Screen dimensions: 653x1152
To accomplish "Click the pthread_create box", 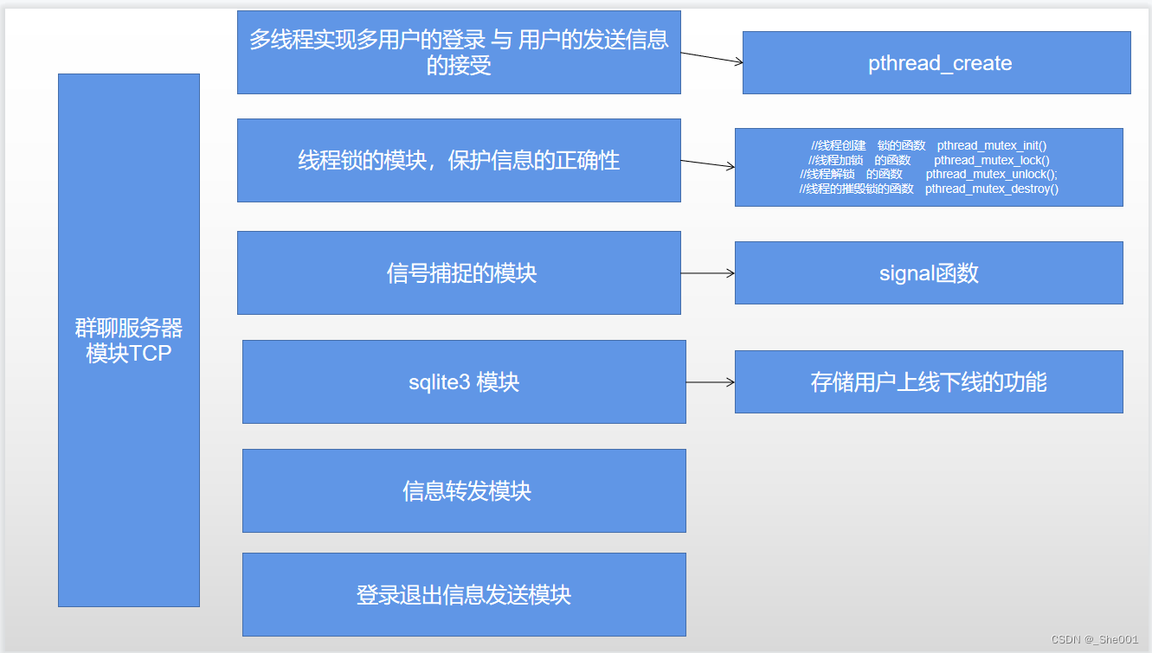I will [936, 63].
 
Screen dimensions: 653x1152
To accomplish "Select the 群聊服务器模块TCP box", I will [129, 340].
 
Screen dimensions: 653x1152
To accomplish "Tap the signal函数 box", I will [929, 273].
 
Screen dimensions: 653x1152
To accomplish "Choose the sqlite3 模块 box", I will [464, 382].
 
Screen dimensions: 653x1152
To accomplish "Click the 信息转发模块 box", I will [464, 490].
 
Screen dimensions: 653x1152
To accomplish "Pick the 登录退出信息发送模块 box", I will [464, 595].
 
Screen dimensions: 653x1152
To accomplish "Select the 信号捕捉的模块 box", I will [459, 273].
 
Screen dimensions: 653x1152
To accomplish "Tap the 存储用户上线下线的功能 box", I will [929, 382].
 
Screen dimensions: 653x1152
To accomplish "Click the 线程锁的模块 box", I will [459, 161].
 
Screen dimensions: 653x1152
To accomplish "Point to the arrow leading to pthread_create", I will [711, 57].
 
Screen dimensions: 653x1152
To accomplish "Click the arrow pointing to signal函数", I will [708, 273].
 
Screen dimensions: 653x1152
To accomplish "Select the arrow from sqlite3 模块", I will [710, 382].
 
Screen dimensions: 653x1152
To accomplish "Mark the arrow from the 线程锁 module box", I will [708, 163].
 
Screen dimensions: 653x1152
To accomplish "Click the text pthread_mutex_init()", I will [992, 145].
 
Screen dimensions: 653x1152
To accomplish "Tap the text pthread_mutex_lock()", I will [992, 160].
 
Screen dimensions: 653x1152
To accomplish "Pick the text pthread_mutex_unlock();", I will [992, 174].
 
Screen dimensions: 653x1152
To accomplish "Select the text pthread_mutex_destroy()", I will [992, 189].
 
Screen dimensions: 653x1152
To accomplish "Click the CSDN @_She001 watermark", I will [1094, 639].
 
